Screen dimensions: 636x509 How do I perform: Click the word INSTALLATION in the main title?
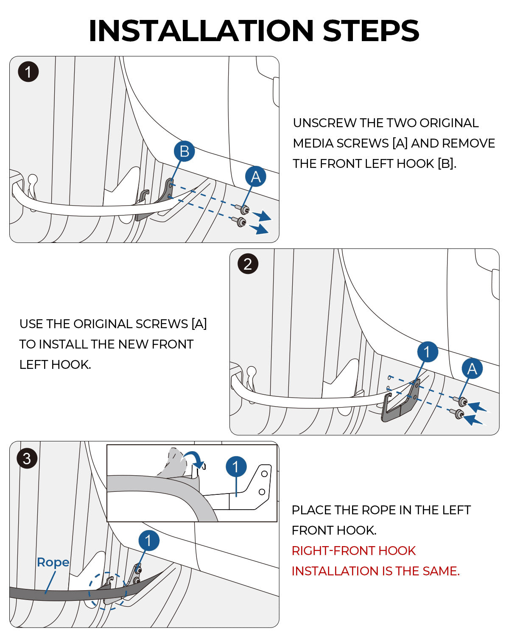201,31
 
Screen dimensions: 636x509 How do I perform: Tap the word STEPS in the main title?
371,31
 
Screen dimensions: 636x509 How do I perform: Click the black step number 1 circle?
28,72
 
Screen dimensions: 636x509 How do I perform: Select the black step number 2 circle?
248,264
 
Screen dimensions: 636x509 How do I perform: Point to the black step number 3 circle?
27,458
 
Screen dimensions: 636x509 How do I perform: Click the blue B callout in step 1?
184,151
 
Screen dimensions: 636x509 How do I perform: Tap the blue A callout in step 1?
256,177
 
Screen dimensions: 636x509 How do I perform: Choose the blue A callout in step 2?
472,369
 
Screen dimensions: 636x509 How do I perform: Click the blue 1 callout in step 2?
427,351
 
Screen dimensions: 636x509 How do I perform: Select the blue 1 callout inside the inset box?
236,467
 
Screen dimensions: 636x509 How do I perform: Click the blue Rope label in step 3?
53,562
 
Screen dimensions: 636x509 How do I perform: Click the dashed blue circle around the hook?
107,591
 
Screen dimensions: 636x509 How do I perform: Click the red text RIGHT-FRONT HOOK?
353,551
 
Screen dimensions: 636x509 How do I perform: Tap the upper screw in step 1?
244,209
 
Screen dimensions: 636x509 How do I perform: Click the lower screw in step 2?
459,414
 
